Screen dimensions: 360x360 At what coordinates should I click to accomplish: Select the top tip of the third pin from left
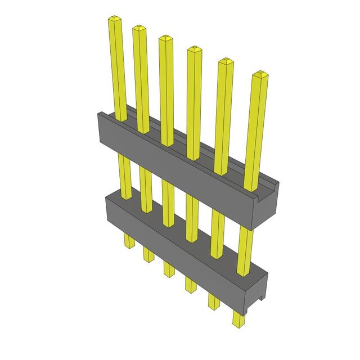[165, 39]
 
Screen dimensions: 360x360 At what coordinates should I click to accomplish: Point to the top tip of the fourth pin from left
[193, 49]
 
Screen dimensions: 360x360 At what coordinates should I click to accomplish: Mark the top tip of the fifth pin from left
[225, 61]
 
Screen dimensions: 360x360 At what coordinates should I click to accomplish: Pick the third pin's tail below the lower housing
[168, 268]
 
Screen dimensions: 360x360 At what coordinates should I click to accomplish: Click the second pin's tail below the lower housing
[148, 254]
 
